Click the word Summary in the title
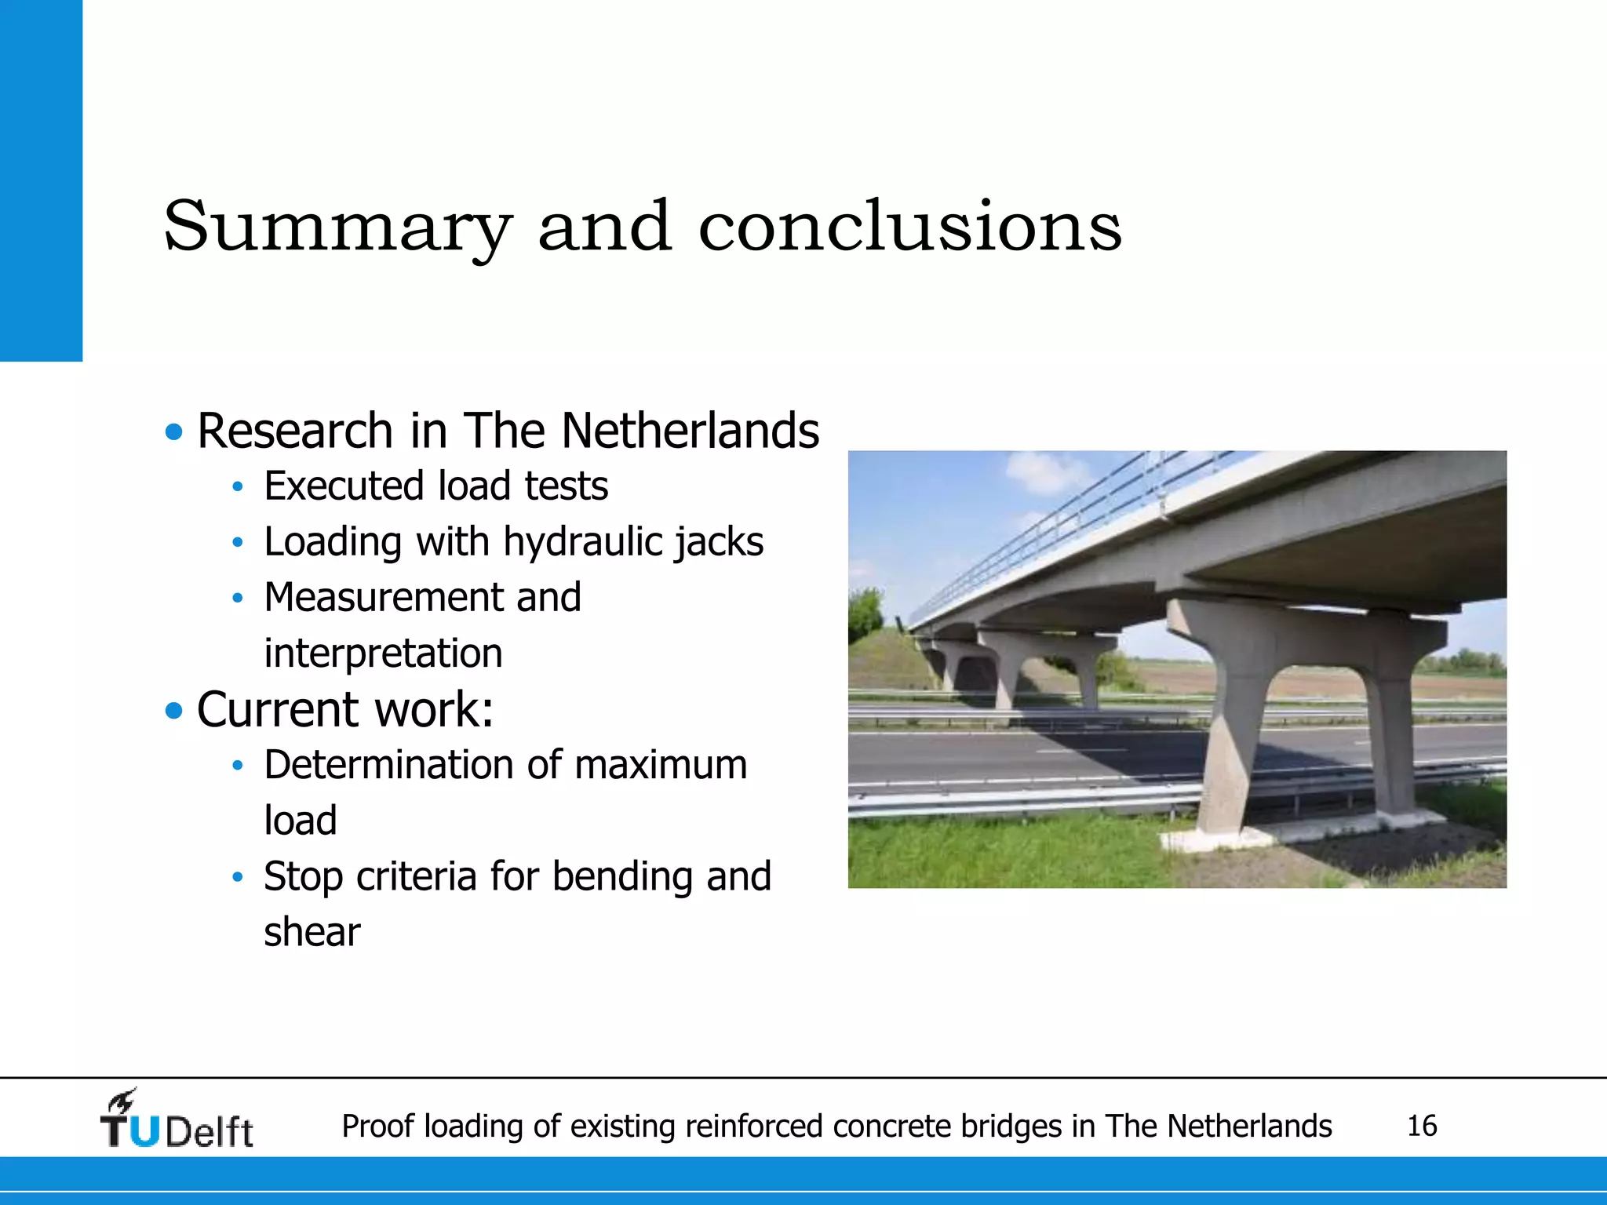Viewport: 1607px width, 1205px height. pyautogui.click(x=337, y=228)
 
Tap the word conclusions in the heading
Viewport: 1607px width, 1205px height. pyautogui.click(x=910, y=228)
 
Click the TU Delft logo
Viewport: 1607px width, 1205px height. pyautogui.click(x=177, y=1120)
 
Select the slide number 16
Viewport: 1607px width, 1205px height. pyautogui.click(x=1422, y=1126)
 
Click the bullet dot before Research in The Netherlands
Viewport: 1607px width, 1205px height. pyautogui.click(x=174, y=431)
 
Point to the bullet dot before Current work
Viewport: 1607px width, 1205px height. pyautogui.click(x=174, y=711)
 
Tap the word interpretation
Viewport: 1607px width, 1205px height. pyautogui.click(x=383, y=653)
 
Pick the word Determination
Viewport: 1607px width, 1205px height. pyautogui.click(x=389, y=765)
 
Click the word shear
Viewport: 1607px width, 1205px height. pyautogui.click(x=312, y=932)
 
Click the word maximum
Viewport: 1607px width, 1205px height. pyautogui.click(x=661, y=765)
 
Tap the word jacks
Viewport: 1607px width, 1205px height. pyautogui.click(x=720, y=542)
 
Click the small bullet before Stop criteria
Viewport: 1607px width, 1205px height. pyautogui.click(x=238, y=877)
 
